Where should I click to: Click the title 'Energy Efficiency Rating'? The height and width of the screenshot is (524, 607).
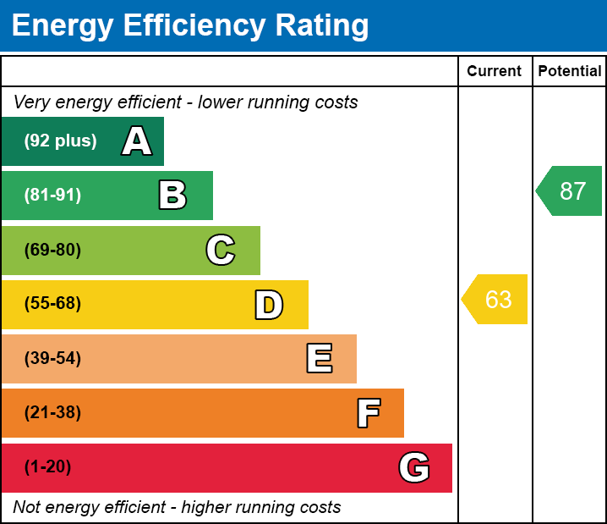click(190, 26)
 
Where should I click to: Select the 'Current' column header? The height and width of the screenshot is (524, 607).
click(495, 72)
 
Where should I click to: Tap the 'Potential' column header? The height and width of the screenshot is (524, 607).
click(570, 72)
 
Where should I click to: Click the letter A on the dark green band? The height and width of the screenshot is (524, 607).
click(137, 141)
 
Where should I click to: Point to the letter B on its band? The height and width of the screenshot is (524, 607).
click(172, 196)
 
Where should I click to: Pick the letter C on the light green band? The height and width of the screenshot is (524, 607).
click(221, 250)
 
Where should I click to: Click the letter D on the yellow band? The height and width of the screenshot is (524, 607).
click(269, 305)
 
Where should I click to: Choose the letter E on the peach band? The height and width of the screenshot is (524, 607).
click(319, 359)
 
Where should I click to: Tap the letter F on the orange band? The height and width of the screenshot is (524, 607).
click(368, 413)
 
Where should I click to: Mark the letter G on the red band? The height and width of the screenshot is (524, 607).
click(414, 467)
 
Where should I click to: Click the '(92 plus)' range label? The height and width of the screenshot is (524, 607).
click(60, 141)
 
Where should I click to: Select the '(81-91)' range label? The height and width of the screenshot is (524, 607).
click(52, 196)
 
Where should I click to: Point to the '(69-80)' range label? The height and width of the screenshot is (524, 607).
click(52, 250)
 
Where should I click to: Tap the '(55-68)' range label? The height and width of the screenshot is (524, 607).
click(52, 304)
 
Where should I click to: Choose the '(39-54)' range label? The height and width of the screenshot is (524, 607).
click(52, 359)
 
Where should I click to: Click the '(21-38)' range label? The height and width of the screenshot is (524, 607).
click(52, 413)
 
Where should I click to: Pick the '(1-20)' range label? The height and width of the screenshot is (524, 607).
click(48, 467)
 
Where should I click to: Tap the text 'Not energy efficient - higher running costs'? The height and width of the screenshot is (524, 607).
click(178, 508)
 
